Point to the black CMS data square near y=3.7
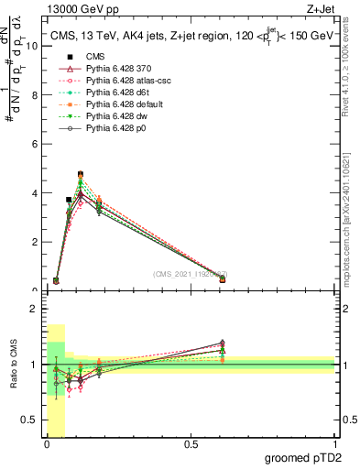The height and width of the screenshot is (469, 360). pos(69,200)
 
